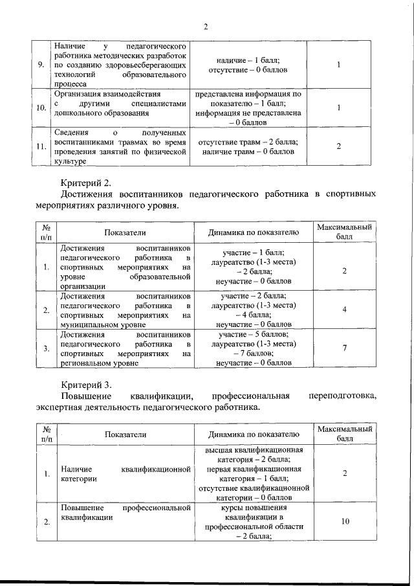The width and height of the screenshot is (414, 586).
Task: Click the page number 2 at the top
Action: (x=206, y=27)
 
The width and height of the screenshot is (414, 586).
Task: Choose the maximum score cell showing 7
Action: (x=345, y=348)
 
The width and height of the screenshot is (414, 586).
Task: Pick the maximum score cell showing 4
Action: (x=345, y=310)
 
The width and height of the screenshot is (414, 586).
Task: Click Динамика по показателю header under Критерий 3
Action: (x=253, y=434)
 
